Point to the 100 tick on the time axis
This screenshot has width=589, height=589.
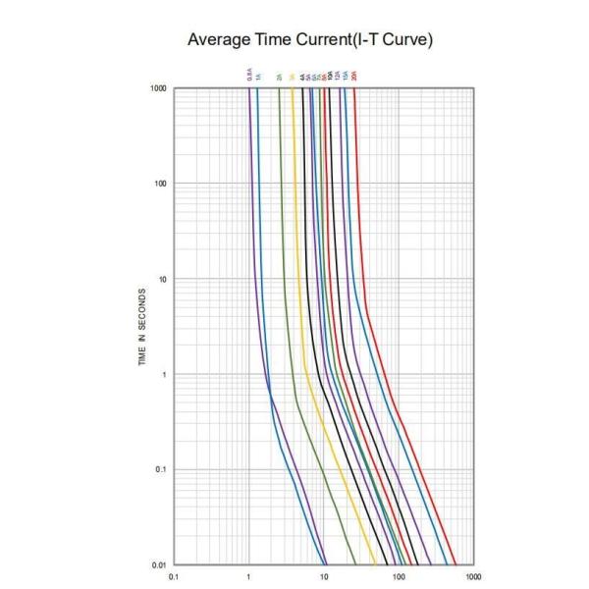tap(161, 184)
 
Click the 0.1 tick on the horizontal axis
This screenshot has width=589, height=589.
tap(174, 576)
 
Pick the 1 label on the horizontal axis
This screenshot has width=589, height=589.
tap(249, 576)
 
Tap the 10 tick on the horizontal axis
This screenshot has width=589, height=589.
tap(324, 576)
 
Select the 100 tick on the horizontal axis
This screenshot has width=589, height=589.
tap(399, 576)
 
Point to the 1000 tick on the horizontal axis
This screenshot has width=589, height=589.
tap(473, 576)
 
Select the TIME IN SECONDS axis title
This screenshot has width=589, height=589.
tap(144, 328)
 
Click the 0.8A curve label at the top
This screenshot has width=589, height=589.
tap(249, 74)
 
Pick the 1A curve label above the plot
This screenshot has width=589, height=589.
tap(257, 76)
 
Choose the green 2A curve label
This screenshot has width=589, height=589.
tap(279, 76)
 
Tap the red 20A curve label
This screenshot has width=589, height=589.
tap(354, 75)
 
